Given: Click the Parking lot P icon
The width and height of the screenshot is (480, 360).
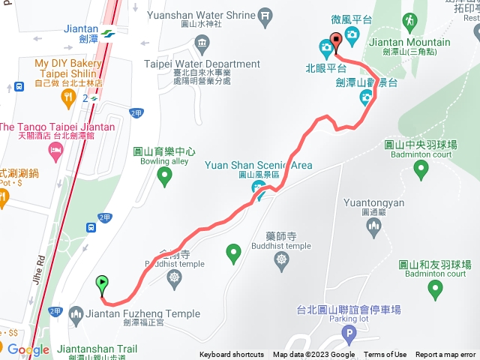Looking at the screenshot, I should coord(348,334).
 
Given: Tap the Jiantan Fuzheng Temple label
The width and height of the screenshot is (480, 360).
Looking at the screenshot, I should coord(144,313).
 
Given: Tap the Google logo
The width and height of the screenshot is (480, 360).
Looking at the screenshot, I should coord(28,350).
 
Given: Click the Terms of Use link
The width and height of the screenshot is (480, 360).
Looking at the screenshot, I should coord(385,355).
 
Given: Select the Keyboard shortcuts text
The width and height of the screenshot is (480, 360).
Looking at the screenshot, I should coord(232,355).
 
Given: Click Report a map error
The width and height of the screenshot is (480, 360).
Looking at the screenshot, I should coord(445,355).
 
